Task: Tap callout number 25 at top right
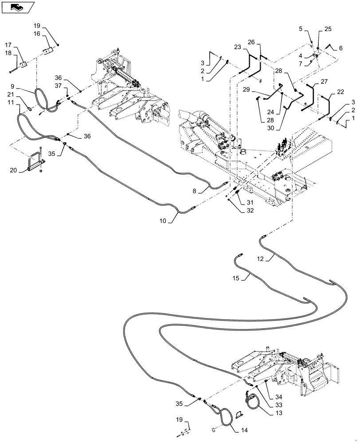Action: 327,29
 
